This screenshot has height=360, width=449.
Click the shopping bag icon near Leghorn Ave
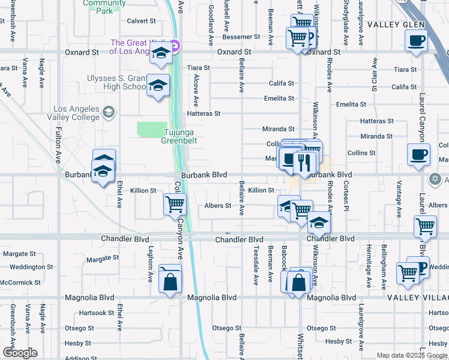click(170, 280)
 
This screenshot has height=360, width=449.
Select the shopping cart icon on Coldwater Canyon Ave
click(175, 205)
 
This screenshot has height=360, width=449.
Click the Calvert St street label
click(141, 20)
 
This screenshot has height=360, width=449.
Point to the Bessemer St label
click(241, 37)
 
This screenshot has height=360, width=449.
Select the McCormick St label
click(20, 282)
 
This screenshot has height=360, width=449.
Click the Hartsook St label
click(96, 313)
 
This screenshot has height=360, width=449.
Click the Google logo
click(20, 353)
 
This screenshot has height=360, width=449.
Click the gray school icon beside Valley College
click(109, 112)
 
